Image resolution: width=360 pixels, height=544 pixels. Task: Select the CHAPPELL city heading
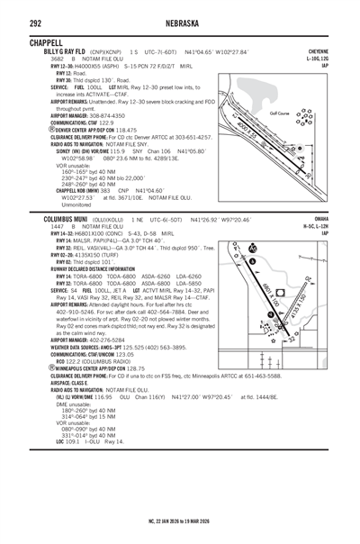click(46, 42)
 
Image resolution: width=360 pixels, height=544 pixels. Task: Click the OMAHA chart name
click(328, 218)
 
